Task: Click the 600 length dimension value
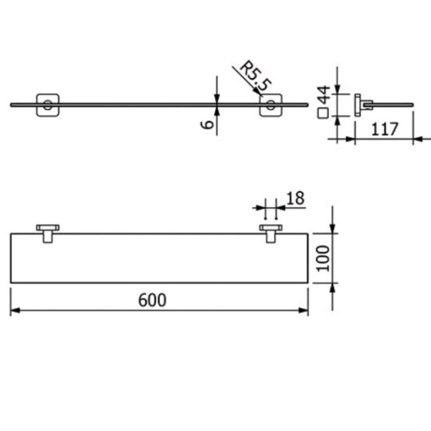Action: click(152, 300)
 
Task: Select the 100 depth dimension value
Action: click(323, 257)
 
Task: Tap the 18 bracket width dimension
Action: click(296, 198)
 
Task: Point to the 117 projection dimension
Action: click(384, 128)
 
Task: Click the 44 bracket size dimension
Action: click(323, 95)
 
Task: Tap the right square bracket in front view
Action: click(271, 105)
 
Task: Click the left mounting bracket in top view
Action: click(47, 232)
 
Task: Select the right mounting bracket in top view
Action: click(271, 232)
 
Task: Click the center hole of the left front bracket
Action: click(47, 108)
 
